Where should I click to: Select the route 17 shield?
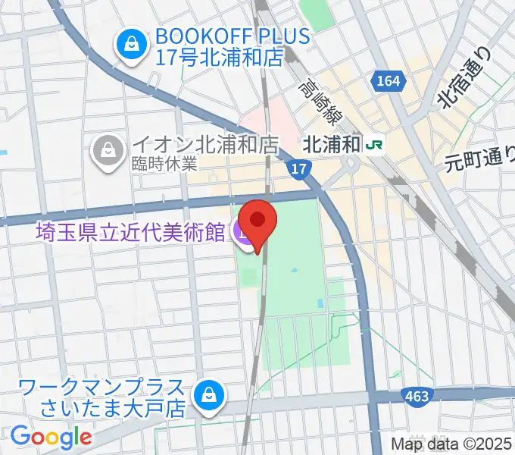[x=301, y=170]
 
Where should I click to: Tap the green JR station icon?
[x=373, y=143]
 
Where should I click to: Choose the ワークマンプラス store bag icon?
[x=207, y=394]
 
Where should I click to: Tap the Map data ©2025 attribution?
[x=451, y=444]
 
